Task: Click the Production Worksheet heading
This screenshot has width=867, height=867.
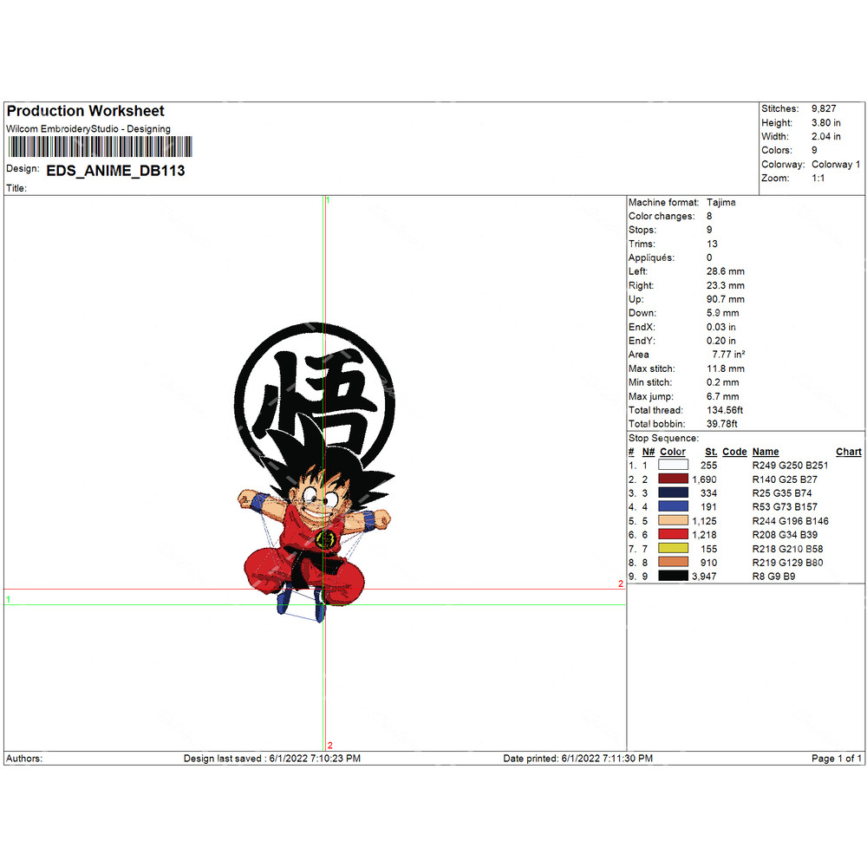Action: (x=85, y=111)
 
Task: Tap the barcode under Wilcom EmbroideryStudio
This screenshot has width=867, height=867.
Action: (x=100, y=147)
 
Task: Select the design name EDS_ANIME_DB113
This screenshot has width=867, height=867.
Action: (x=115, y=171)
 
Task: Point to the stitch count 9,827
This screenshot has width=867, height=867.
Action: (x=824, y=109)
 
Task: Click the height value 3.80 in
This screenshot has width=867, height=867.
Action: (x=826, y=123)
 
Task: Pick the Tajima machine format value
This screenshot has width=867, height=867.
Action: (x=721, y=202)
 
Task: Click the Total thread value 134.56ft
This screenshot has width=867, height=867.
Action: (x=725, y=410)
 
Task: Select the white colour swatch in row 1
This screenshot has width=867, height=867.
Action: (x=674, y=465)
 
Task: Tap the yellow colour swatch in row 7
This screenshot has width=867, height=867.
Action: (x=674, y=549)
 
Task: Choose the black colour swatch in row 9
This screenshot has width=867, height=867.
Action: (x=674, y=577)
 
